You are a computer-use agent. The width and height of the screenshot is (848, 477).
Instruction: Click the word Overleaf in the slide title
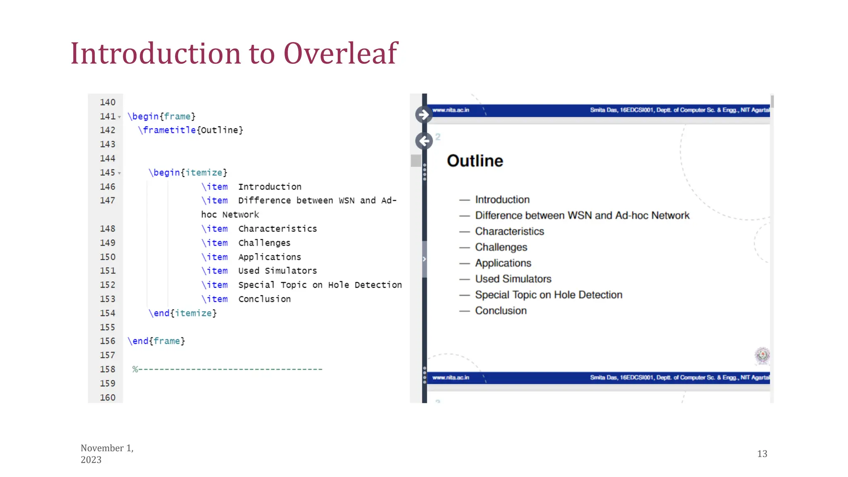[x=340, y=54]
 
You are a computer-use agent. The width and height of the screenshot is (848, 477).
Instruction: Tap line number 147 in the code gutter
[x=107, y=200]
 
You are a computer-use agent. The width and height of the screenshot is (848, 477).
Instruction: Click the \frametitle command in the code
[x=167, y=130]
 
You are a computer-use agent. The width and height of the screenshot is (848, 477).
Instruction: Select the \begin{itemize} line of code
[x=188, y=172]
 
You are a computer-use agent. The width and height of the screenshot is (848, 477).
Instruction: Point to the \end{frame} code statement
[x=157, y=341]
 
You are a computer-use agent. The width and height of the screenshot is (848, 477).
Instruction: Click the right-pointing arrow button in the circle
[x=424, y=115]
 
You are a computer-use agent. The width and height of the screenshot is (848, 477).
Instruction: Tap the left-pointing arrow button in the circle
[x=424, y=141]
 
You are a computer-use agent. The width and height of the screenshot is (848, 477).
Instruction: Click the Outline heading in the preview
[x=475, y=161]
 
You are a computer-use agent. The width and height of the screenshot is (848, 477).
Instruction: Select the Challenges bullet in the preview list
[x=501, y=247]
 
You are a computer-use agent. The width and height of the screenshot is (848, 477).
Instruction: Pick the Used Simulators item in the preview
[x=513, y=279]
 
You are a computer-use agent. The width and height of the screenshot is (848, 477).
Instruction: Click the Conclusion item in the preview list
[x=501, y=311]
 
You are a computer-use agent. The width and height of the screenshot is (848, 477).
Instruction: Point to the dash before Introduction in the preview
[x=465, y=200]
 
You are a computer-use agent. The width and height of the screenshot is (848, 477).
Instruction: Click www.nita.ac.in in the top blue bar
[x=450, y=110]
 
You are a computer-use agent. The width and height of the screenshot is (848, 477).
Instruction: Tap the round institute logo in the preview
[x=762, y=355]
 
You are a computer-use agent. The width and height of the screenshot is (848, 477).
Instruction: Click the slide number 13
[x=762, y=454]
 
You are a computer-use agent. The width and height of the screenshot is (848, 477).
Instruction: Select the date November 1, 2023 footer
[x=107, y=454]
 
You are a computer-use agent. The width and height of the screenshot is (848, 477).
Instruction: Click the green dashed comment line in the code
[x=227, y=369]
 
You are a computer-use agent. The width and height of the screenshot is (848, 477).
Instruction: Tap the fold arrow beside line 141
[x=119, y=117]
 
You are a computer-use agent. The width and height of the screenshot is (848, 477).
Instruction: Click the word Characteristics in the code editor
[x=277, y=229]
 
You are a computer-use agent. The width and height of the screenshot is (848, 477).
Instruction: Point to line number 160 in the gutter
[x=107, y=397]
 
